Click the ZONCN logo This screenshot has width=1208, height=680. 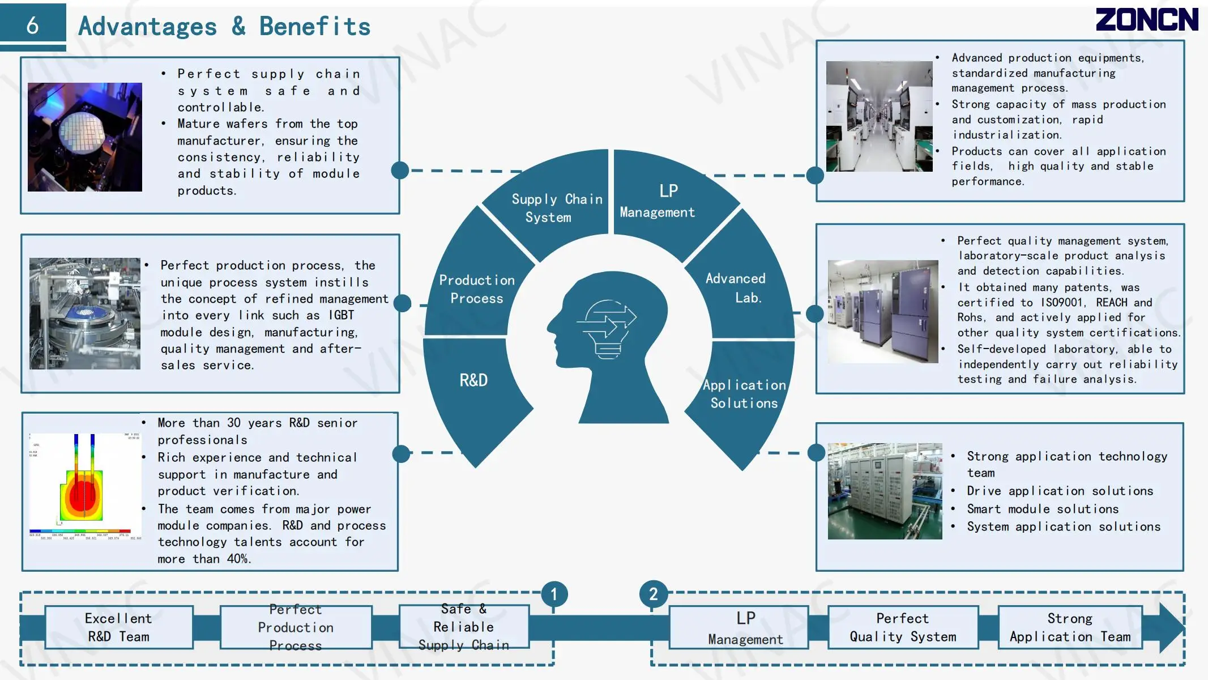tap(1146, 20)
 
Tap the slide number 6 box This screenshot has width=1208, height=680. tap(33, 25)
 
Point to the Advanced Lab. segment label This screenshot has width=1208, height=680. tap(736, 288)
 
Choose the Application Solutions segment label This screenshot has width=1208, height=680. tap(744, 394)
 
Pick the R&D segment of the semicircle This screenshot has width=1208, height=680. tap(473, 380)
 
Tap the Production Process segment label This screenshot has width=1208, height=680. tap(477, 289)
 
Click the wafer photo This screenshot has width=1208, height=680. tap(85, 137)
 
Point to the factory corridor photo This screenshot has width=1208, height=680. tap(879, 117)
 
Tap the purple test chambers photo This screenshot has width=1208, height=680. tap(882, 312)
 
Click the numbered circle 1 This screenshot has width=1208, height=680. tap(554, 594)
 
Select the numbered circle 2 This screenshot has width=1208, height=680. tap(653, 594)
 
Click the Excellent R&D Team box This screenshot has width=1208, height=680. tap(119, 627)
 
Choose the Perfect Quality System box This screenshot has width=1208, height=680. tap(903, 627)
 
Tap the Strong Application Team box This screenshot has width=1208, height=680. tap(1070, 627)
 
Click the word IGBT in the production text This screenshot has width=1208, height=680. tap(342, 315)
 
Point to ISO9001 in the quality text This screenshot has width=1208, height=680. tap(1062, 303)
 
